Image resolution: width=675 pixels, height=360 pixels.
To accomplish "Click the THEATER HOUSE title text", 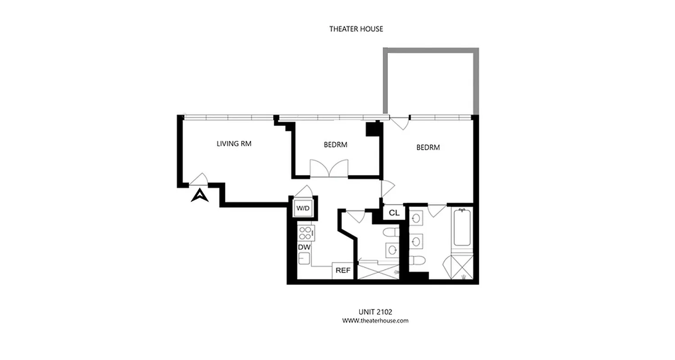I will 356,29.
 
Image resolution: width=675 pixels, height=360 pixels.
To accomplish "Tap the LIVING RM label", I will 234,144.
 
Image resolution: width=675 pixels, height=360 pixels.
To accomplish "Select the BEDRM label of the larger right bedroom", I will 427,147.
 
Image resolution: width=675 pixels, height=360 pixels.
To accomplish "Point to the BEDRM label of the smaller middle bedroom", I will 335,145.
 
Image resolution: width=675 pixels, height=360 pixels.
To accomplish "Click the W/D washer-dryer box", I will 302,208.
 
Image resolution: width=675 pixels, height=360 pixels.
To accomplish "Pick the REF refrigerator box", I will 343,270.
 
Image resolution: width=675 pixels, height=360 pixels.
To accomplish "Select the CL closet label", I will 394,213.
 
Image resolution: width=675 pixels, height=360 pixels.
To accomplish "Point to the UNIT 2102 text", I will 375,311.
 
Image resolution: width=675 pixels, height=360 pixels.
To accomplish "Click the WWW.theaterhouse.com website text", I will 375,321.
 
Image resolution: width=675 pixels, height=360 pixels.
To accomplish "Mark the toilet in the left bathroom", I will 391,233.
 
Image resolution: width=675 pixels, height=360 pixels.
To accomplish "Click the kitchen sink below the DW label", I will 304,259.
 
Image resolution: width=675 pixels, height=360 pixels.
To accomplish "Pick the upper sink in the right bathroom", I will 416,219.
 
